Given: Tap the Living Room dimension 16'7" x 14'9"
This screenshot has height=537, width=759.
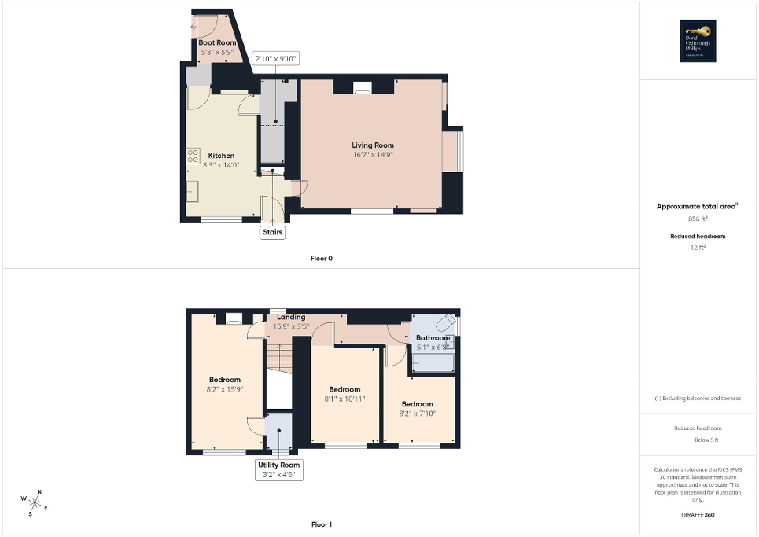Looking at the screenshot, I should (x=373, y=155).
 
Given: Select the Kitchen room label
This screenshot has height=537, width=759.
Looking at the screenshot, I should (x=221, y=156).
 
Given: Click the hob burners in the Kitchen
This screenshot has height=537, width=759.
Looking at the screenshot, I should (x=193, y=156).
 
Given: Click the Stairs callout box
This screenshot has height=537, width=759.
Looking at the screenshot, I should (x=272, y=232).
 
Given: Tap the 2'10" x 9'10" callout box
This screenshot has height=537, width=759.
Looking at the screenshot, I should (x=275, y=59).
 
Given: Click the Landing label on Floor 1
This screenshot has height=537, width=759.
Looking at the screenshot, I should (x=290, y=317).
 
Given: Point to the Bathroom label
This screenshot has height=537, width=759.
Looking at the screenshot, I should (x=433, y=338).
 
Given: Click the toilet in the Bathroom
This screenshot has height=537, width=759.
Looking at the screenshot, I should (x=444, y=324).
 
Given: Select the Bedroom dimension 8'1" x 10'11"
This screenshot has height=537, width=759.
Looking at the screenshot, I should (x=344, y=399).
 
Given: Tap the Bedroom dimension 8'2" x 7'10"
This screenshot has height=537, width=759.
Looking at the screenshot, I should (x=417, y=414).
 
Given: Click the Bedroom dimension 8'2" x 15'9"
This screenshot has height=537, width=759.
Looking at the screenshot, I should (x=224, y=388).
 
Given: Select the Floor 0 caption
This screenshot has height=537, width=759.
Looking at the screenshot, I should (x=322, y=258).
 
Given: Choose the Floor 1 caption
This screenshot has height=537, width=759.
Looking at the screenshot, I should (x=322, y=524).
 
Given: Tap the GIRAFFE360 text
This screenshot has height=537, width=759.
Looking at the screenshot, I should (x=698, y=514).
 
